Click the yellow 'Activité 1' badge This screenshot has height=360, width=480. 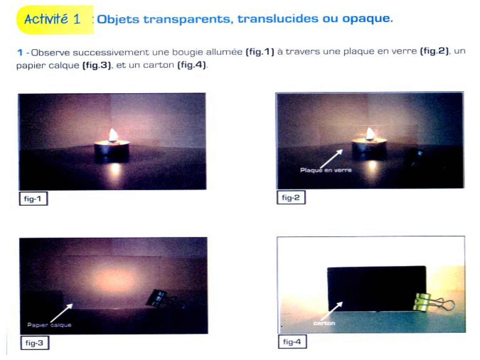(x=55, y=20)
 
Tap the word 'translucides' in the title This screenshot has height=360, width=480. (x=278, y=19)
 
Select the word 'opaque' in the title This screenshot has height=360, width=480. (x=367, y=19)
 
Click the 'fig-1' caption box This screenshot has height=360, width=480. (x=33, y=198)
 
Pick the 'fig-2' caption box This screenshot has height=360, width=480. (x=291, y=197)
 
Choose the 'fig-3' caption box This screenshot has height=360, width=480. (x=35, y=343)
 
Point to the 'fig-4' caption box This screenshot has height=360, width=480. (x=292, y=341)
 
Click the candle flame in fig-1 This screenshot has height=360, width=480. (x=113, y=135)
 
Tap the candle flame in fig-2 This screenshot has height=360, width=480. (x=370, y=134)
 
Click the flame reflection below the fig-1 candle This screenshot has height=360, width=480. (x=115, y=169)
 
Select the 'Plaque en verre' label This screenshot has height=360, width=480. (x=326, y=170)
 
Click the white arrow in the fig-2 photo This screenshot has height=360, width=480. (x=331, y=159)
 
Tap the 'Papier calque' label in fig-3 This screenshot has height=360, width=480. (x=49, y=325)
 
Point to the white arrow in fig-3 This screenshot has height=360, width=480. (x=62, y=313)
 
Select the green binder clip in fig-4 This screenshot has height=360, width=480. (x=433, y=302)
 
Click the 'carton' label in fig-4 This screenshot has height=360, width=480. (x=324, y=323)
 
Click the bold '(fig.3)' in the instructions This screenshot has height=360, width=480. (x=97, y=65)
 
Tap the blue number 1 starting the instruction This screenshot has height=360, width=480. (x=20, y=52)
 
